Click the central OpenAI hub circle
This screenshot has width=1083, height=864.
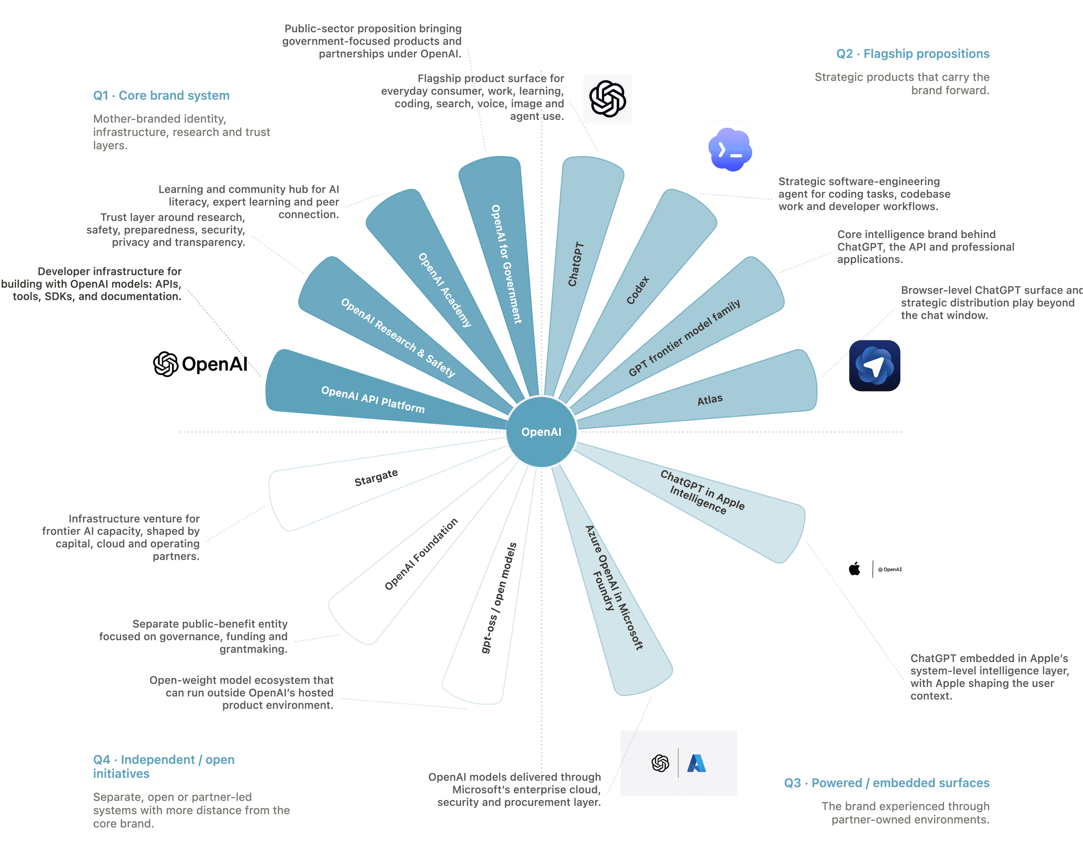(541, 432)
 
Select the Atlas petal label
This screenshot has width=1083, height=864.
(710, 400)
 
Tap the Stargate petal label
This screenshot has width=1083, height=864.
(376, 478)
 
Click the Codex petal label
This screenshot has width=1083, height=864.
(638, 290)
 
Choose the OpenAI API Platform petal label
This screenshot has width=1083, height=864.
(373, 399)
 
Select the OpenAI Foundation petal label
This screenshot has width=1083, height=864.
(421, 554)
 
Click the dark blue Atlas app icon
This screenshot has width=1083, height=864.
(875, 366)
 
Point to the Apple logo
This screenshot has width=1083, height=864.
(855, 569)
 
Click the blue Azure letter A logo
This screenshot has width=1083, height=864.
(697, 763)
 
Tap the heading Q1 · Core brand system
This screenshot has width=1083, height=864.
(161, 95)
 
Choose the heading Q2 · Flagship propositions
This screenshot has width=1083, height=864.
(913, 54)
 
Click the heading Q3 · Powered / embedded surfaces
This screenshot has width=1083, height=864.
(887, 783)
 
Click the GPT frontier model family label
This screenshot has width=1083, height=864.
(684, 338)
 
